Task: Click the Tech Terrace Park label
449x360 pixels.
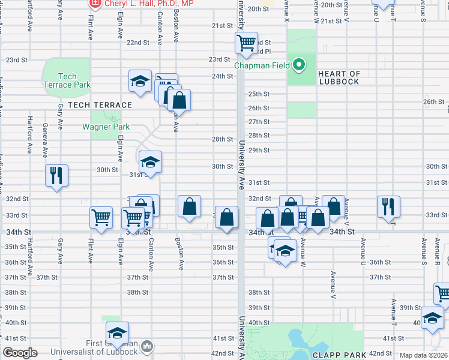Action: coord(67,80)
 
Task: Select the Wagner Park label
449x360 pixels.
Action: coord(106,127)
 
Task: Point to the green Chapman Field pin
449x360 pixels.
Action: coord(298,64)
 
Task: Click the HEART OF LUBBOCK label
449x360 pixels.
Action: coord(339,78)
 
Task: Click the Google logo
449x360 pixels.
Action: coord(20,353)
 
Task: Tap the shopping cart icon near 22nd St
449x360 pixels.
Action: coord(246,43)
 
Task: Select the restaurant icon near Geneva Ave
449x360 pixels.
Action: coord(56,175)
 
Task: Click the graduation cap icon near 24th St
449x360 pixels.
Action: coord(140,80)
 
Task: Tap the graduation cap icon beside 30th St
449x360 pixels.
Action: coord(150,162)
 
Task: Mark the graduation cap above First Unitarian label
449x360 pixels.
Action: coord(117,333)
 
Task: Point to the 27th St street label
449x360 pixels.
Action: coord(259,122)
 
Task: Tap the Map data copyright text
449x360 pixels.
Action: coord(424,355)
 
